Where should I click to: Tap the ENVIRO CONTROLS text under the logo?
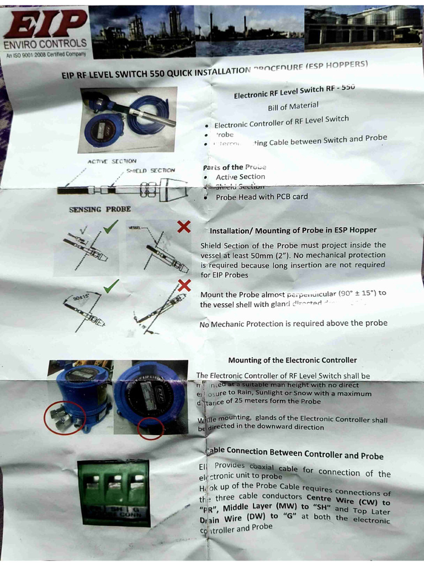(x=45, y=43)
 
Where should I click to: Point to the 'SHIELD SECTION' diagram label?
(x=150, y=170)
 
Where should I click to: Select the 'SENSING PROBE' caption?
(x=100, y=209)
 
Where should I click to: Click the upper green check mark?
(x=110, y=226)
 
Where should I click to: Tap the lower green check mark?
(x=111, y=285)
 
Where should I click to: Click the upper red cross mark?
(x=184, y=227)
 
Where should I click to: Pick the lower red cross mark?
(x=184, y=285)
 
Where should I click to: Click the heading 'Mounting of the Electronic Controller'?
(x=292, y=360)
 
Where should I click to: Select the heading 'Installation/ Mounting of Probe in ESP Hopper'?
(x=293, y=230)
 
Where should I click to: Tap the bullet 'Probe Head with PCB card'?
(x=262, y=197)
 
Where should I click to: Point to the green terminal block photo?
(x=113, y=492)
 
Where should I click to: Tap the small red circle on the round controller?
(x=150, y=429)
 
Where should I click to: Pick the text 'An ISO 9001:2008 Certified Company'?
(x=46, y=54)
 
